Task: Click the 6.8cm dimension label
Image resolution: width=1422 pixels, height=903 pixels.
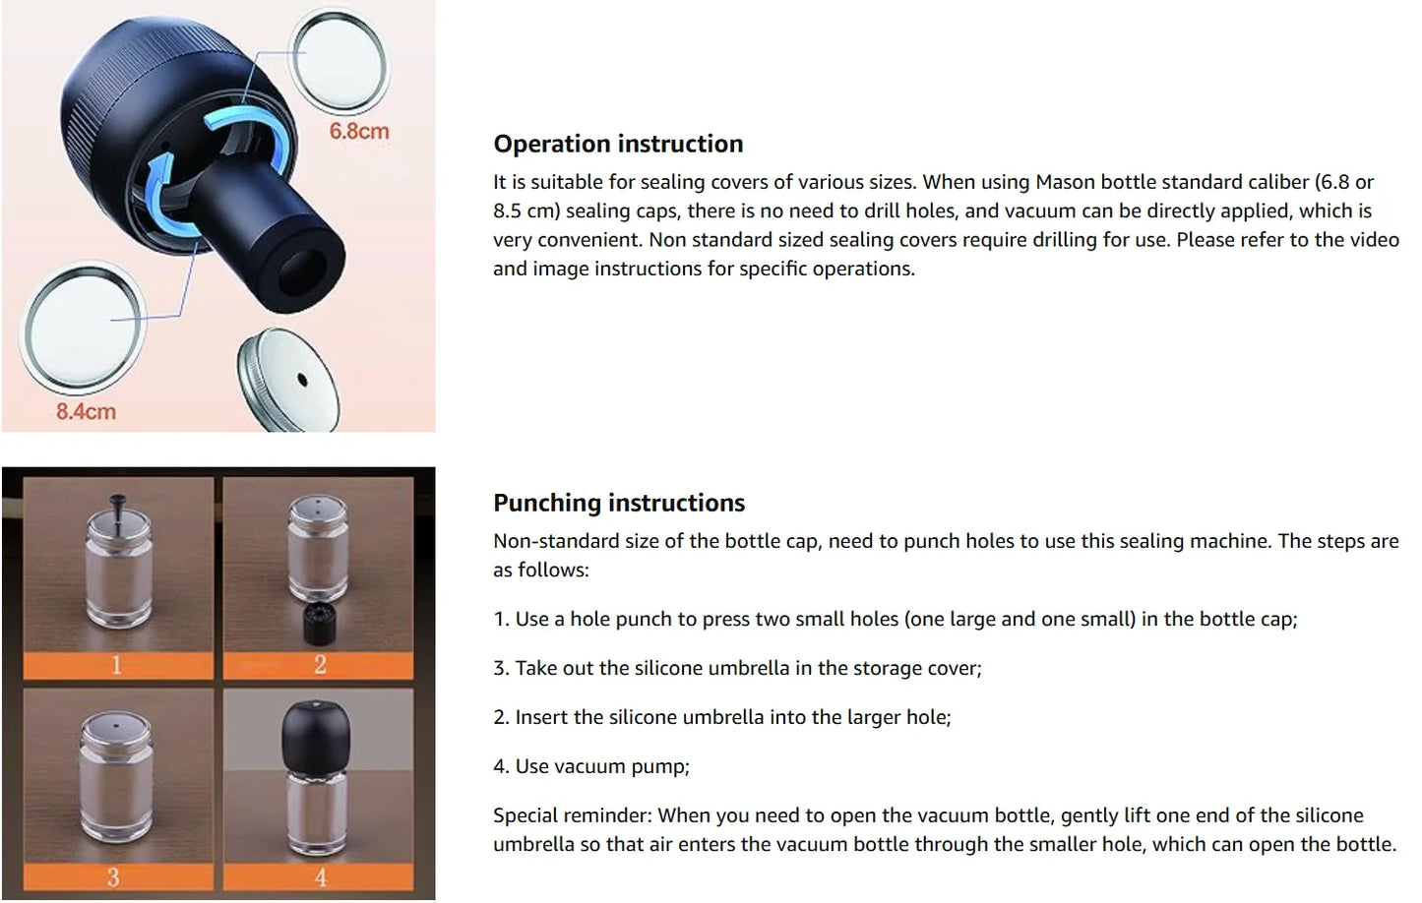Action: pos(358,131)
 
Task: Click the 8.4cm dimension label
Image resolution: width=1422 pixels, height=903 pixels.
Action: pos(86,411)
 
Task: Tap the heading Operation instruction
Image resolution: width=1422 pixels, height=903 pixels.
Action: pos(617,144)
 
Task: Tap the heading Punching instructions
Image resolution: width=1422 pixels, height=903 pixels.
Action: pos(618,503)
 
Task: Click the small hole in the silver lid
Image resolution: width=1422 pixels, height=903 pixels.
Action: pos(302,380)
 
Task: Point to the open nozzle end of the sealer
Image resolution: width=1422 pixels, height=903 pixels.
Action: pos(307,268)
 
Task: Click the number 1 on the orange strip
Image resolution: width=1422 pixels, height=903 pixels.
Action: pos(116,665)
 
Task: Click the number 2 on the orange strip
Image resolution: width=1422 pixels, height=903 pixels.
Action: pos(320,665)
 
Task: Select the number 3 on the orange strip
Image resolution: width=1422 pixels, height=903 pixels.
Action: pos(113,876)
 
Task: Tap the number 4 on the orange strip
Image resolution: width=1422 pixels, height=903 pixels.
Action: pos(320,876)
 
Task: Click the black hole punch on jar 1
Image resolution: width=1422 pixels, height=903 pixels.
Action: pos(119,508)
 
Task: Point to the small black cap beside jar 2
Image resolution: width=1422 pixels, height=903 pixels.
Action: pos(317,622)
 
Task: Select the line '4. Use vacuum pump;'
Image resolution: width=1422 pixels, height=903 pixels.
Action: pos(590,766)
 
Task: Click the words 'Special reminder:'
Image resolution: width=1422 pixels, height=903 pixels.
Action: pos(572,815)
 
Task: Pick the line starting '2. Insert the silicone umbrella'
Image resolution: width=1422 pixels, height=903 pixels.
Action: pos(721,717)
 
